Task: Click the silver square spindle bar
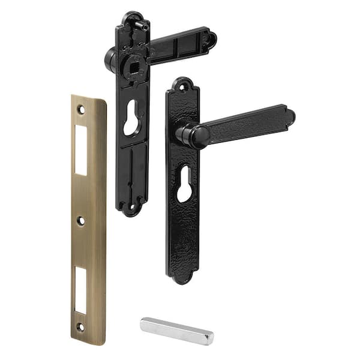(176, 331)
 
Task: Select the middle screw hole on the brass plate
(81, 221)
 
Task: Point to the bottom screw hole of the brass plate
(80, 327)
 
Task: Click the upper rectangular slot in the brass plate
(81, 149)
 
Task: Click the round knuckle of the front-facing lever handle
(192, 137)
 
